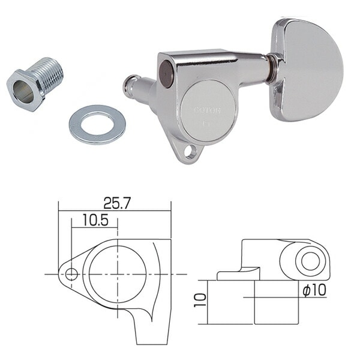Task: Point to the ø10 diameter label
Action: pyautogui.click(x=313, y=290)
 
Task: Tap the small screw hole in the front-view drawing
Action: pyautogui.click(x=72, y=275)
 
